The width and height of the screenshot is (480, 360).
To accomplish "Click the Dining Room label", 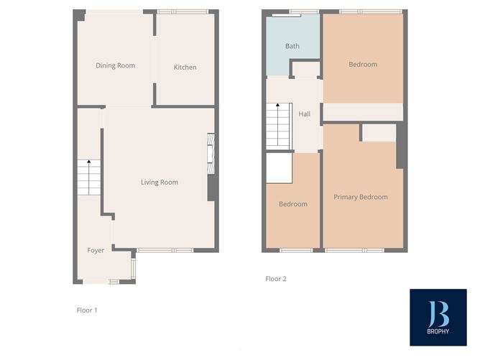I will pos(116,66).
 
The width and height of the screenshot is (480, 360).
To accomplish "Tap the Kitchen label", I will pos(185,68).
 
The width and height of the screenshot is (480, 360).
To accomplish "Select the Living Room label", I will pos(160,183).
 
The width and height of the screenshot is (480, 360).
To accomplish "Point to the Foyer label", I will pos(96,251).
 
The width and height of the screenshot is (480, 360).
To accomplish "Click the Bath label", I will pos(292,47).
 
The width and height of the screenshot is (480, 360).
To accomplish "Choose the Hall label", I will pos(305,114).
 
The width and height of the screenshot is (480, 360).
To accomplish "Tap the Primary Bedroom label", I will pos(361,197).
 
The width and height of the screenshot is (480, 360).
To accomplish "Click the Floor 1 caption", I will pos(87,310).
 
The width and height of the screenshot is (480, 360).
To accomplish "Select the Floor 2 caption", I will pos(276,279).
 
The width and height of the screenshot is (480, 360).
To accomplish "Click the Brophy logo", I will pos(438,317).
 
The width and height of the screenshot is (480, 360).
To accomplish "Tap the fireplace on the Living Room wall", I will pos(211,154).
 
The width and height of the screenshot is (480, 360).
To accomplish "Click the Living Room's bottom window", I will pos(165,250).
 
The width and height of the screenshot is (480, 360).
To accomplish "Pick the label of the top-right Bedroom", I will pos(363,65).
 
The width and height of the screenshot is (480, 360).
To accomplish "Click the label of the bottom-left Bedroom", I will pos(293,204).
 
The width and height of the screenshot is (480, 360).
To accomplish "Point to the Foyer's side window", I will pos(132,267).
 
